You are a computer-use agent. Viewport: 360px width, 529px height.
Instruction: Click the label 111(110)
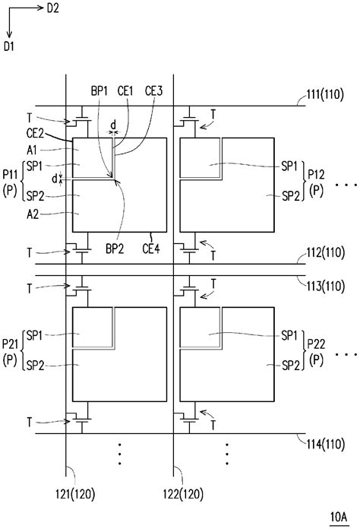(325, 94)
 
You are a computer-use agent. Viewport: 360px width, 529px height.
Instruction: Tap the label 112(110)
(326, 252)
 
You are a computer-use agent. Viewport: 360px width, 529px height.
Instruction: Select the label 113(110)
(326, 286)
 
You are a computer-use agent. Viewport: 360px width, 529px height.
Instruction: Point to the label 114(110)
(326, 444)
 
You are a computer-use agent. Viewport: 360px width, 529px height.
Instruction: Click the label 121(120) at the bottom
(75, 495)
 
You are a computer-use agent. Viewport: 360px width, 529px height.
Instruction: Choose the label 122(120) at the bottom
(183, 495)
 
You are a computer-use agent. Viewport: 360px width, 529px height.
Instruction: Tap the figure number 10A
(339, 517)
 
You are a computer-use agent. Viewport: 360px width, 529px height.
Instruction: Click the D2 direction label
(52, 8)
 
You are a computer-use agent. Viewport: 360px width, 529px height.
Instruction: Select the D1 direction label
(9, 46)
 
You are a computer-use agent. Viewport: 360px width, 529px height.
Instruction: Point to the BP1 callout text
(99, 90)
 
